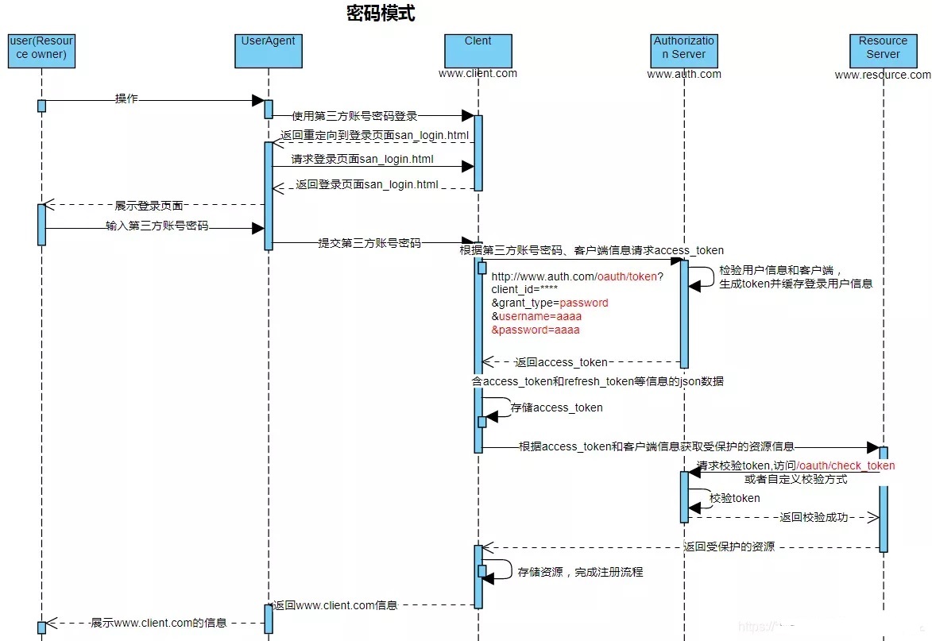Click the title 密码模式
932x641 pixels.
[x=381, y=14]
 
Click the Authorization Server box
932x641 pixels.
[x=684, y=48]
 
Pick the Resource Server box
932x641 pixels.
[x=883, y=48]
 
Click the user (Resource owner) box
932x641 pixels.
[x=41, y=48]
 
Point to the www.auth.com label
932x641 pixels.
[x=684, y=75]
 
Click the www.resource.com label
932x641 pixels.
[x=882, y=75]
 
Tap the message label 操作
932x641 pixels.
[x=126, y=99]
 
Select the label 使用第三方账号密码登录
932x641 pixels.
[x=354, y=117]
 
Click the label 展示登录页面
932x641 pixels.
[x=149, y=206]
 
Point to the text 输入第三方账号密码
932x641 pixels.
[x=157, y=226]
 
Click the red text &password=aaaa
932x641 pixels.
[x=536, y=330]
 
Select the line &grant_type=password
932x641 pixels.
[x=549, y=303]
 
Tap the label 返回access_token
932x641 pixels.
[x=561, y=362]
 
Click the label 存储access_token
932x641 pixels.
[x=556, y=407]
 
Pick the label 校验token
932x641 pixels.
[x=734, y=498]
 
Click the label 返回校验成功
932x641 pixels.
[x=814, y=518]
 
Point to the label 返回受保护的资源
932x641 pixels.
[x=729, y=547]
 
